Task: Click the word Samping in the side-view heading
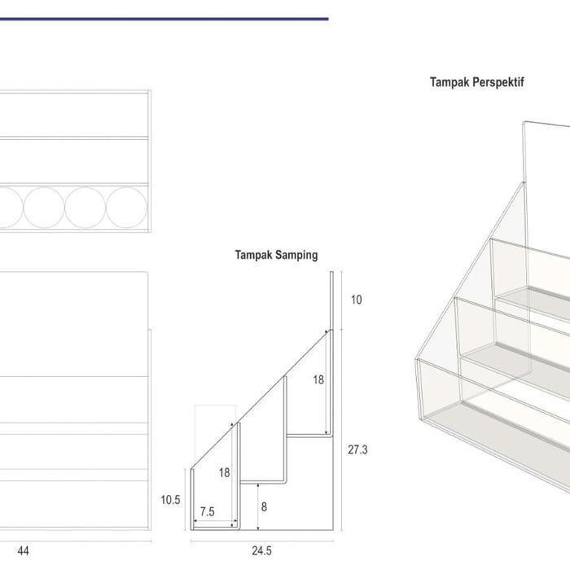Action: coord(296,255)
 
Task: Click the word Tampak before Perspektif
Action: coord(451,81)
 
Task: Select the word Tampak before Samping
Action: coord(253,255)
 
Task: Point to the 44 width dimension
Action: coord(23,550)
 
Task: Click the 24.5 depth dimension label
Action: coord(261,550)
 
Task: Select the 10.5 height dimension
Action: coord(170,500)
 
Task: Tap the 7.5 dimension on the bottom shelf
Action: coord(207,511)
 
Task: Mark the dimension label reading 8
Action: coord(265,506)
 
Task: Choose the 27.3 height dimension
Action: coord(357,449)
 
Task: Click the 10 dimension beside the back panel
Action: coord(357,300)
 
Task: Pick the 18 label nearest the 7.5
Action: coord(224,472)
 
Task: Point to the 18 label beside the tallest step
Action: coord(318,380)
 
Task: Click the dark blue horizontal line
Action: coord(164,19)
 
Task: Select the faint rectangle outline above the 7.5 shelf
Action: coord(195,436)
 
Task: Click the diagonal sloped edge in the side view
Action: coord(261,399)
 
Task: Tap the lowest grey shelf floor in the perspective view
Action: coord(498,425)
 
